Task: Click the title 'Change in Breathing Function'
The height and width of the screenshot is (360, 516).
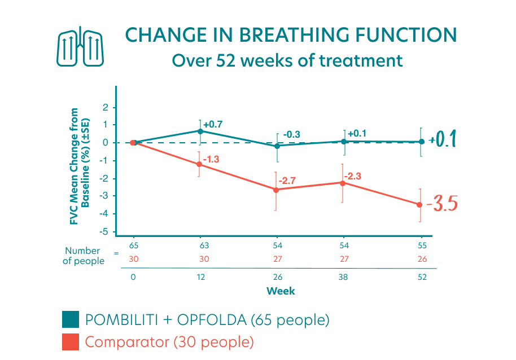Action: click(x=290, y=35)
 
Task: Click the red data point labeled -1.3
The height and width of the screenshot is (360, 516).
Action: click(x=199, y=164)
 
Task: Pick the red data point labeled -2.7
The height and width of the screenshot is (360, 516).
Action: click(x=276, y=190)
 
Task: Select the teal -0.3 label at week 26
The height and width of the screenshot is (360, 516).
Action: click(x=291, y=135)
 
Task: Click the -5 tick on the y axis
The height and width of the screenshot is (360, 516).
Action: click(x=104, y=232)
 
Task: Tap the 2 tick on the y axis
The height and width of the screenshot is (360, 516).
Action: click(x=105, y=107)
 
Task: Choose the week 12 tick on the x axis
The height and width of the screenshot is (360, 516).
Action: click(x=200, y=278)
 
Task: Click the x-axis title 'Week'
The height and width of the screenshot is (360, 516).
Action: click(x=281, y=291)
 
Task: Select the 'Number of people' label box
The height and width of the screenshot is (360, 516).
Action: click(x=84, y=256)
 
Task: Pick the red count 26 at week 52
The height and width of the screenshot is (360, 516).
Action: click(x=422, y=259)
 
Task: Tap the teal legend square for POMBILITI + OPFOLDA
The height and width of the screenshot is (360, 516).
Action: click(x=71, y=320)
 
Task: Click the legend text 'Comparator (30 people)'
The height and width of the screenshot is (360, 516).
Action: click(x=169, y=342)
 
